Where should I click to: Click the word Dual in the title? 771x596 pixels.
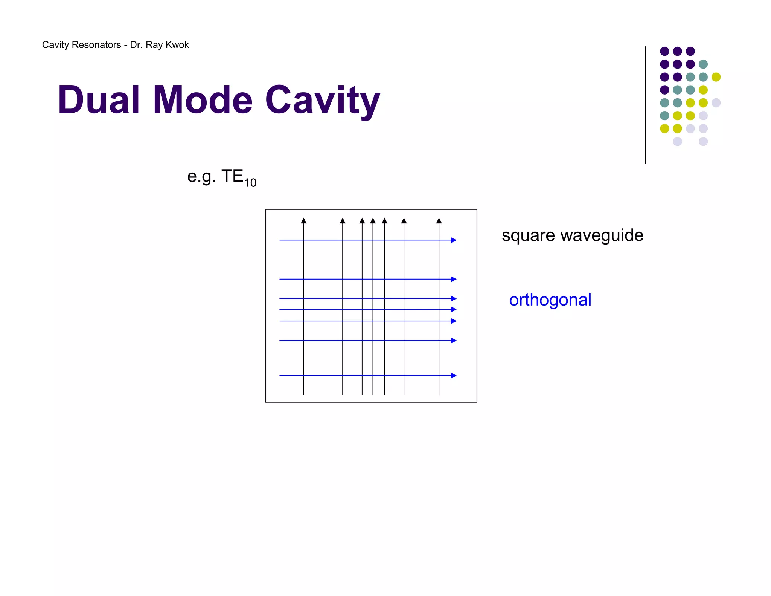click(99, 100)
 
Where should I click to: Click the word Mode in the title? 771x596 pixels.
click(203, 100)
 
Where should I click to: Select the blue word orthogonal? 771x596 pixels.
click(550, 300)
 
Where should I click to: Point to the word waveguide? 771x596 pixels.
click(602, 236)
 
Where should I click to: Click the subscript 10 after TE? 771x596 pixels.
click(250, 183)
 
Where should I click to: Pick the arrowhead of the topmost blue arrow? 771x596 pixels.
click(454, 240)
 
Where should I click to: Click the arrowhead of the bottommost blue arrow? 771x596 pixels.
click(454, 376)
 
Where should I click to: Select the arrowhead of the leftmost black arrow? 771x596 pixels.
click(304, 221)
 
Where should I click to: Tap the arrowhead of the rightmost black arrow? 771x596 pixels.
click(439, 221)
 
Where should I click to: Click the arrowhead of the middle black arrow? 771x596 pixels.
click(373, 221)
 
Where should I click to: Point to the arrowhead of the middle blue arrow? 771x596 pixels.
click(454, 309)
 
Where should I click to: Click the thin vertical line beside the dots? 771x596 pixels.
click(645, 105)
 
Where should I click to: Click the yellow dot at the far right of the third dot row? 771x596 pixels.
click(716, 77)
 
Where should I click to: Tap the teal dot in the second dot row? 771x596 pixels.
click(703, 64)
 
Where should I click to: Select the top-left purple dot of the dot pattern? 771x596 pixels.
click(664, 51)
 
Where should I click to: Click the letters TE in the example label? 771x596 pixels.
click(232, 176)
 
